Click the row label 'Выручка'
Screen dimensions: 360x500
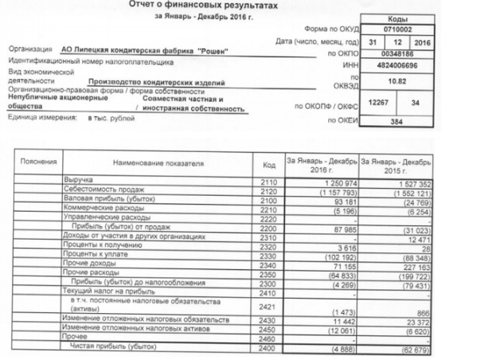79,182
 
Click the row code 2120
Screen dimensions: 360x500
268,193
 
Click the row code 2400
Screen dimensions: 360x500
268,347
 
